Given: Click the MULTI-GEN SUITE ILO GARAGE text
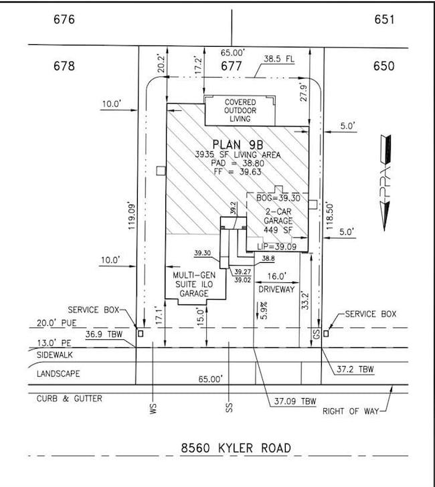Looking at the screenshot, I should (x=193, y=284).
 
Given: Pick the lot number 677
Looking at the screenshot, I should (x=232, y=66).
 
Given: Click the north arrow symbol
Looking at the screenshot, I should (x=385, y=181).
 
